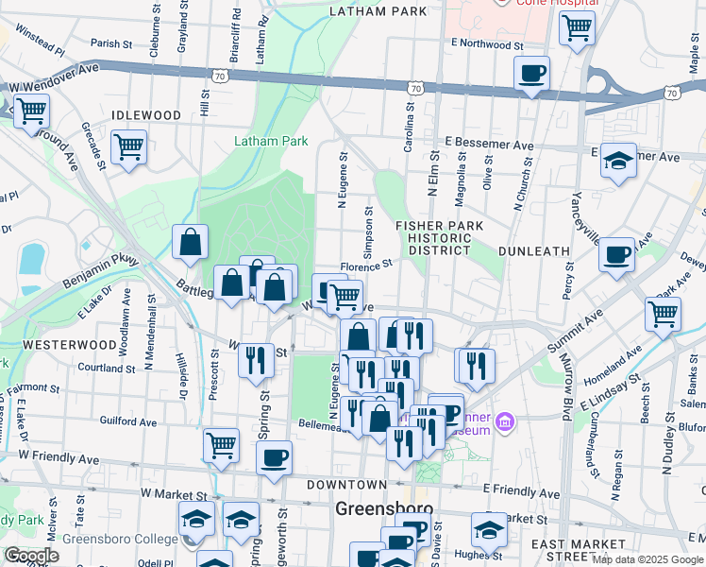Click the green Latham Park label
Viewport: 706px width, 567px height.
[271, 141]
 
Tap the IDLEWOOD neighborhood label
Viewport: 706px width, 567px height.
[146, 115]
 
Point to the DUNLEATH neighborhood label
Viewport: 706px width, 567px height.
[533, 251]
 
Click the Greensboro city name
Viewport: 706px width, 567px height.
[384, 509]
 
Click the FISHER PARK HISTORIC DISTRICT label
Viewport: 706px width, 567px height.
[439, 238]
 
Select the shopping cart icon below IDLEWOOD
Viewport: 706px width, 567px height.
[128, 147]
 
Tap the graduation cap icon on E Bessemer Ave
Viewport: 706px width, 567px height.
[618, 160]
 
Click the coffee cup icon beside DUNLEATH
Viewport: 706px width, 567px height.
[617, 253]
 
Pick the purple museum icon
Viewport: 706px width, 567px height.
[504, 420]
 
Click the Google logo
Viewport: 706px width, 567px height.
[31, 555]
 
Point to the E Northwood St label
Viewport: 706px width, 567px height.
[487, 44]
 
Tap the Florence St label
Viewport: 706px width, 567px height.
[365, 267]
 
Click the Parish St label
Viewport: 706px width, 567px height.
[111, 43]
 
